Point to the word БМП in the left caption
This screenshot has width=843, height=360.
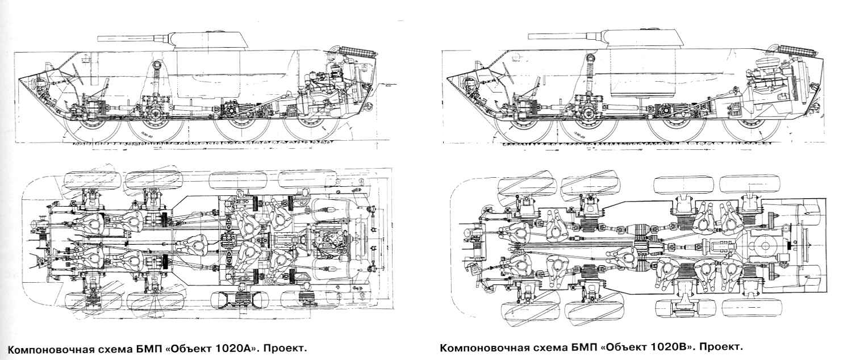(x=146, y=348)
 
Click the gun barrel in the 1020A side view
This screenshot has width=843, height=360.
(x=134, y=39)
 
